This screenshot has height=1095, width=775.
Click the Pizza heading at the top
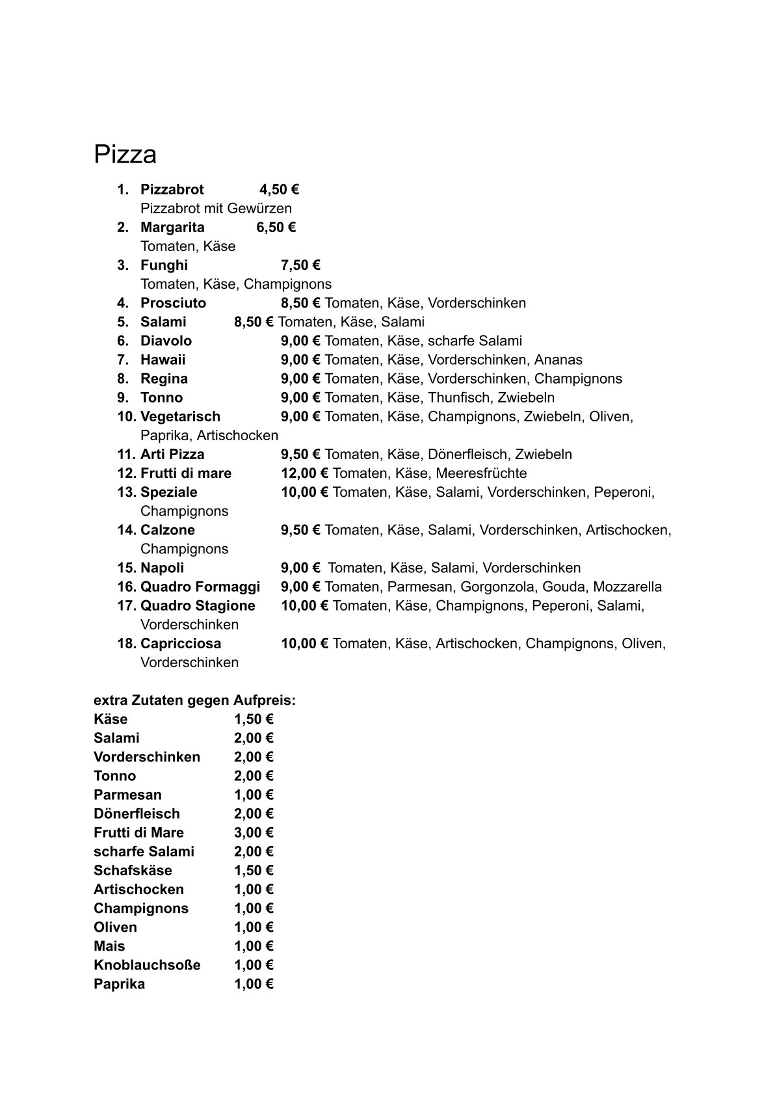[x=125, y=155]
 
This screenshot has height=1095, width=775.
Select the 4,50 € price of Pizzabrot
[x=279, y=190]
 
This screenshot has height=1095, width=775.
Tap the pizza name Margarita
[x=172, y=228]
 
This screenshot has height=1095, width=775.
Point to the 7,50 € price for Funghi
[x=300, y=265]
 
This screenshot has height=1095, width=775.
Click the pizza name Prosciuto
[x=173, y=303]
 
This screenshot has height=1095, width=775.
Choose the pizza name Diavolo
[x=166, y=341]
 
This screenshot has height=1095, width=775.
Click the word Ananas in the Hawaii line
[x=558, y=360]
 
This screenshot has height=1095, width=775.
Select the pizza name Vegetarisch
[x=180, y=416]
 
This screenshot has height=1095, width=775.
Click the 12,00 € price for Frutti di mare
[x=304, y=473]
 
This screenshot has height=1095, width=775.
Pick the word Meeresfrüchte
[x=481, y=473]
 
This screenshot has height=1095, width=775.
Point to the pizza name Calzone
[x=168, y=530]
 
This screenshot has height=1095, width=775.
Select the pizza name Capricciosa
[x=181, y=644]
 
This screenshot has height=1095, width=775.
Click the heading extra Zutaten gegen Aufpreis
[x=194, y=700]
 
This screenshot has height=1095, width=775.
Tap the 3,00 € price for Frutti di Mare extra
[x=254, y=833]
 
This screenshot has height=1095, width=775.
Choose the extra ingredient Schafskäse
[x=133, y=871]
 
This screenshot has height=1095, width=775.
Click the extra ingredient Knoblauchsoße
[x=147, y=965]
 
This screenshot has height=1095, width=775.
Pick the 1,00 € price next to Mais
[x=254, y=946]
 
